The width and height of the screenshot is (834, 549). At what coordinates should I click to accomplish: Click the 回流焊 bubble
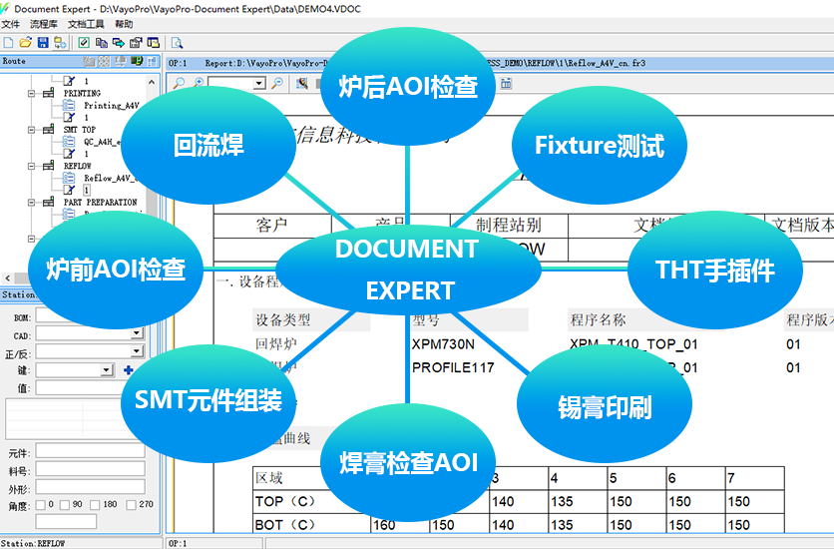[x=208, y=146]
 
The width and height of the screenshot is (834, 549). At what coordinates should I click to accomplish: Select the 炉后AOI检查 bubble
[x=407, y=87]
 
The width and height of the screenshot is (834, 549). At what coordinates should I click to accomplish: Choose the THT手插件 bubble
[x=714, y=270]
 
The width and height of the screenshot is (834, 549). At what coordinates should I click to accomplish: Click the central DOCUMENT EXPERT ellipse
[x=407, y=270]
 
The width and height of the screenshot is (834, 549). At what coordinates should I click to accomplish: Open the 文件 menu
[x=11, y=23]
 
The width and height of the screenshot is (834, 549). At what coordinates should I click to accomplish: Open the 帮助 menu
[x=124, y=23]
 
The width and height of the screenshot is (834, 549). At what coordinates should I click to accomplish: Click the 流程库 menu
[x=44, y=23]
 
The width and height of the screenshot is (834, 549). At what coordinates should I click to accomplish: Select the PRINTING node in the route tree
[x=82, y=93]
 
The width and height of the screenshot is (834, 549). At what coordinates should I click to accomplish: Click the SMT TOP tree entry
[x=80, y=130]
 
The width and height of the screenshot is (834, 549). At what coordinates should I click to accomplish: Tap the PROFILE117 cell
[x=453, y=367]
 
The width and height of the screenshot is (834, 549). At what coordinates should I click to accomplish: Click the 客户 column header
[x=271, y=225]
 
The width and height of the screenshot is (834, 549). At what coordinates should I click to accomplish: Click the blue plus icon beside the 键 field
[x=128, y=370]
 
